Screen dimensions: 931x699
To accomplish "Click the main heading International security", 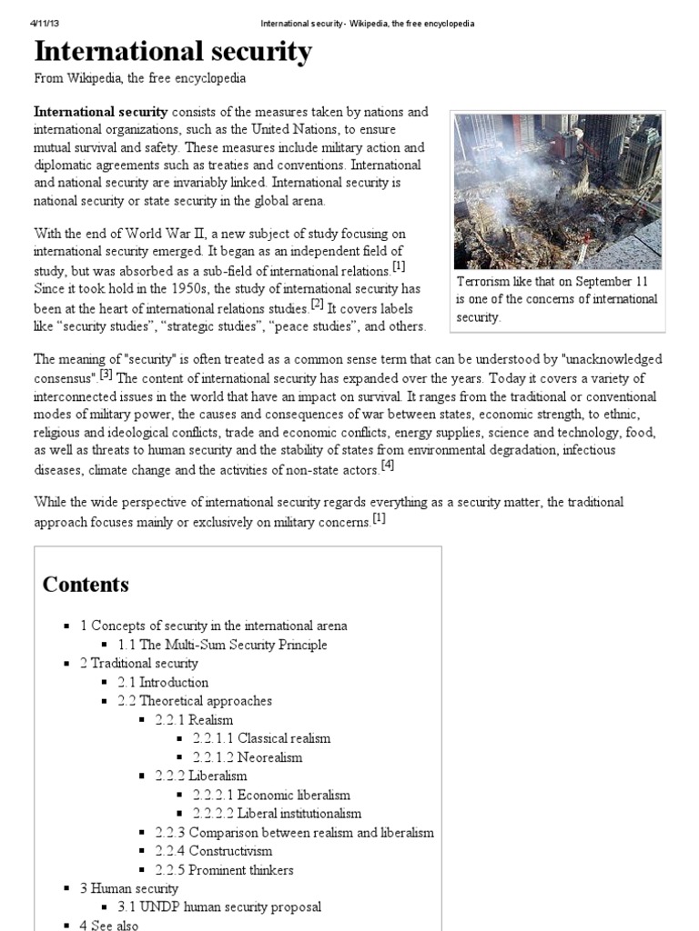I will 173,53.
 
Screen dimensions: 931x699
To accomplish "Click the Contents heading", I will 86,585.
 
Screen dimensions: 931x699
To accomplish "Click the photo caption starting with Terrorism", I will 557,299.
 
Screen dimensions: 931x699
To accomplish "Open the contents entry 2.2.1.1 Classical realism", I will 261,738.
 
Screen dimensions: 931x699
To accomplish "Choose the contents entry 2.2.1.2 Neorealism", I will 247,757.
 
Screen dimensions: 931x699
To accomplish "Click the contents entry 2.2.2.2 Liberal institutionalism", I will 277,814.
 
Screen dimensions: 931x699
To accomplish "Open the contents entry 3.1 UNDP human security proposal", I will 219,907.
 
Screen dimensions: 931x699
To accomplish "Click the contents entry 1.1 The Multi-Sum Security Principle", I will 222,645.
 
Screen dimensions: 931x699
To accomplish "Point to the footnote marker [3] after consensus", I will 106,373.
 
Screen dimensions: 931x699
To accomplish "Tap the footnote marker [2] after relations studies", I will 317,304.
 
